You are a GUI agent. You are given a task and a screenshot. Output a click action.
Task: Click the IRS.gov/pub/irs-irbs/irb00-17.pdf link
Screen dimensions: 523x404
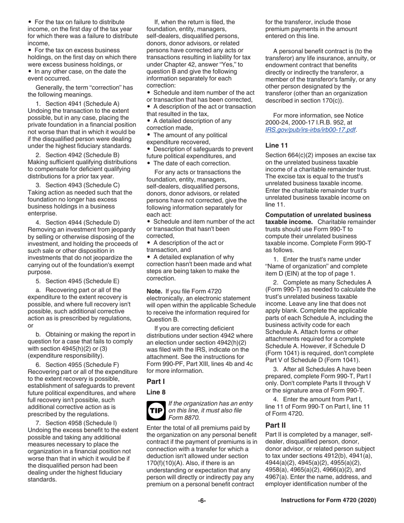(310, 129)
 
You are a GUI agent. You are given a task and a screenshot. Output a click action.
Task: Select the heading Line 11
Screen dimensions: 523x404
(276, 145)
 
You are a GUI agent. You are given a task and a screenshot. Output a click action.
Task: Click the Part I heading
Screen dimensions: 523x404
(155, 381)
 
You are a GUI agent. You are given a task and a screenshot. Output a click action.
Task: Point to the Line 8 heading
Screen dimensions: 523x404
(156, 392)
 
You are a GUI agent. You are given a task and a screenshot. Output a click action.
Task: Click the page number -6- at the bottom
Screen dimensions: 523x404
(202, 500)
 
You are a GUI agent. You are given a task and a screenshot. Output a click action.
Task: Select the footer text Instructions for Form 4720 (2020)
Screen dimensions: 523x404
(328, 500)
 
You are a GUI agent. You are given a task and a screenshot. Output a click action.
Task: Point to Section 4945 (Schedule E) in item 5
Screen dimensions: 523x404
(83, 281)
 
